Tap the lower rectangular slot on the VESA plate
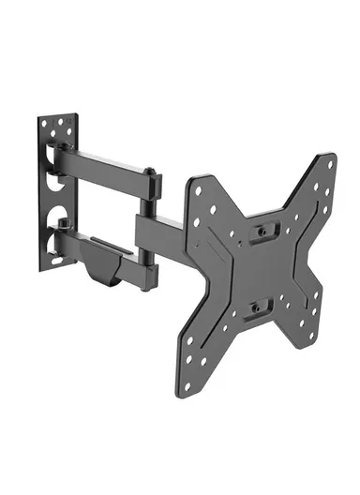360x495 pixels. (x=260, y=307)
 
